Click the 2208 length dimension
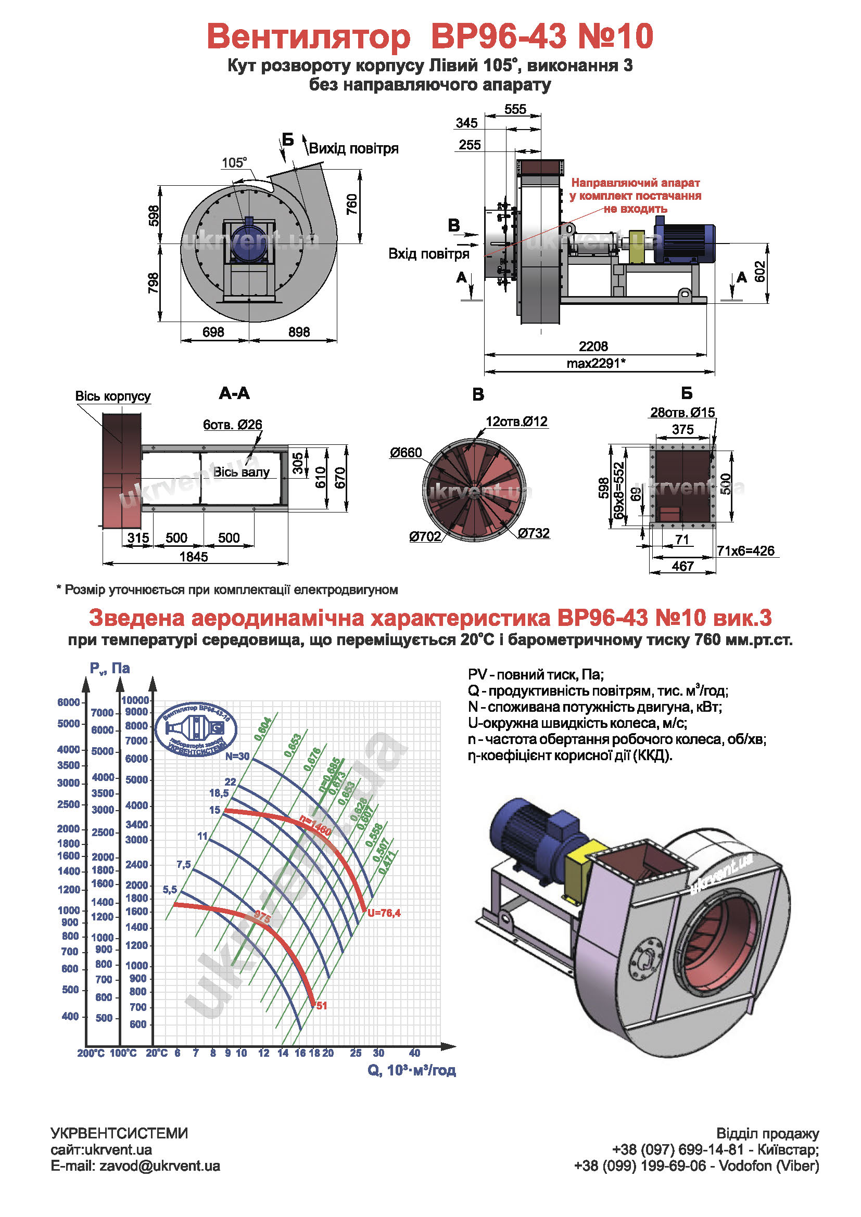[593, 346]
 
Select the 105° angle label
[234, 163]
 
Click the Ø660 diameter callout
[406, 452]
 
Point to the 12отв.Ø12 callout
[516, 421]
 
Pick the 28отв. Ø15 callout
[682, 412]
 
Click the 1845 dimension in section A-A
[194, 557]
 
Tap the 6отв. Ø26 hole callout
[232, 425]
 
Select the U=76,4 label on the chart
[384, 913]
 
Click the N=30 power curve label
[237, 757]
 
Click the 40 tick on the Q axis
[414, 1053]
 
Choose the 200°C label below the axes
[91, 1053]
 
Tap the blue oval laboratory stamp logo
[196, 729]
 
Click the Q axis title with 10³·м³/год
[411, 1070]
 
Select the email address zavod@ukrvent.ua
[160, 1166]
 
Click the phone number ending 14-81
[715, 1150]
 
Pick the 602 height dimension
[759, 272]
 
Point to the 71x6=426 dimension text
[745, 550]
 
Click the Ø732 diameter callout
[534, 533]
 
